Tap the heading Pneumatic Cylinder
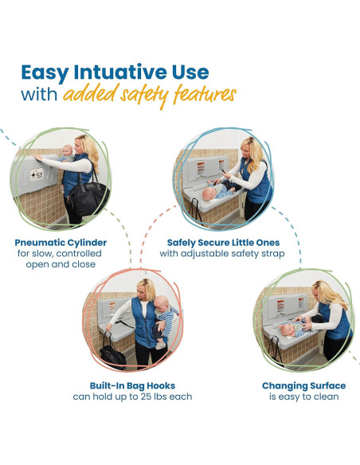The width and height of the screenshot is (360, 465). (61, 243)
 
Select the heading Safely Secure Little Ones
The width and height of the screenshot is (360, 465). (223, 243)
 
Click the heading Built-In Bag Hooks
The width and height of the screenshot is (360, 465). (132, 385)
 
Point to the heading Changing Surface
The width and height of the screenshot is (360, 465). (304, 386)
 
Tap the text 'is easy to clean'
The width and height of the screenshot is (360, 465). (304, 397)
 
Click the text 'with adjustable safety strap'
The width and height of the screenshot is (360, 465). (222, 253)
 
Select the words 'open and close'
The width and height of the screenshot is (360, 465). (61, 264)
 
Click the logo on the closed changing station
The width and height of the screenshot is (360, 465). (37, 174)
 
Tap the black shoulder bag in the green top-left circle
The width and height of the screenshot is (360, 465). (88, 197)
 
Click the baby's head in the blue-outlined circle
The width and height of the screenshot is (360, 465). (209, 193)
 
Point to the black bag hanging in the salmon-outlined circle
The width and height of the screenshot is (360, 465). (112, 355)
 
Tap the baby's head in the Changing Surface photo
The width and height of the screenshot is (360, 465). (286, 330)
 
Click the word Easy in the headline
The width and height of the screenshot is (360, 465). (45, 73)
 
